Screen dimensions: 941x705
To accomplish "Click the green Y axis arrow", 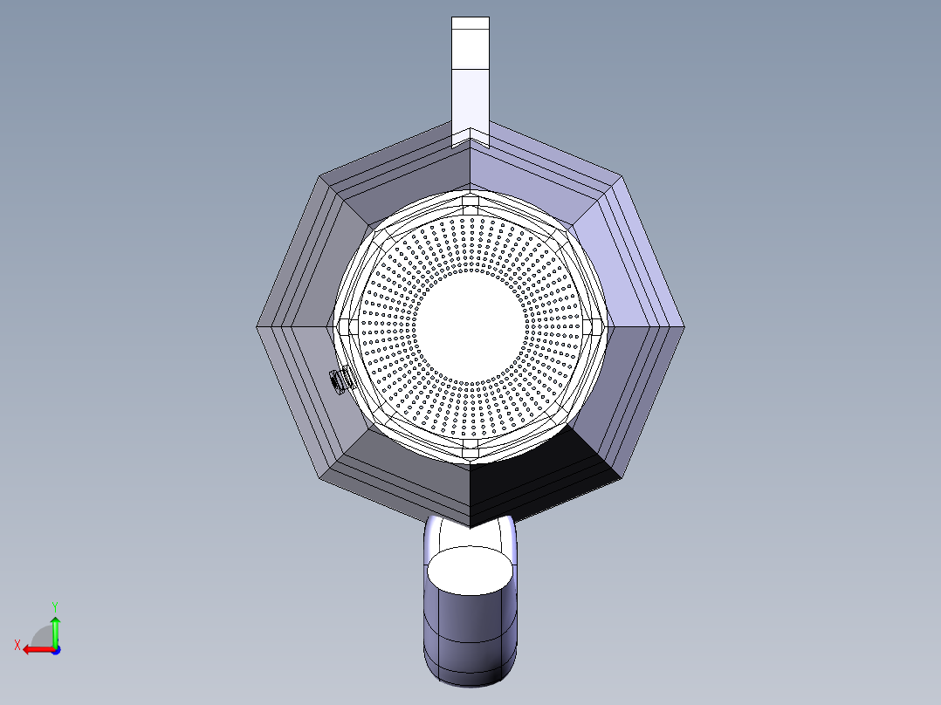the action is (55, 630).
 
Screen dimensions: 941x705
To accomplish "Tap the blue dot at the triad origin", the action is (56, 650).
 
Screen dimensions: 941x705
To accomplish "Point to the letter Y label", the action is (55, 607).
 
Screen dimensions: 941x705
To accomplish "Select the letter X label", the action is (17, 646).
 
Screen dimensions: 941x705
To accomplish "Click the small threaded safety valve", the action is (340, 380).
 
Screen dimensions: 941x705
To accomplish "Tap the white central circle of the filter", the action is (470, 326).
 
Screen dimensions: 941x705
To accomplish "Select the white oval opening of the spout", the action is (470, 571).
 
